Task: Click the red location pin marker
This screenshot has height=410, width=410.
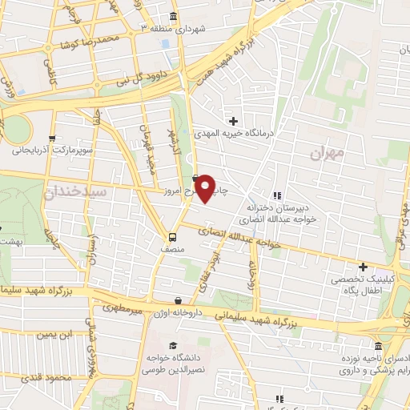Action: coord(205,188)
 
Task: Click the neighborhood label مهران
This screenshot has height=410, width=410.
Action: coord(329,151)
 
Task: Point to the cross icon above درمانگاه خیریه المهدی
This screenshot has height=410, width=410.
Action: coord(234,121)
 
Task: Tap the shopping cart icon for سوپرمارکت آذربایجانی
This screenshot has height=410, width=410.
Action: coord(52,137)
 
